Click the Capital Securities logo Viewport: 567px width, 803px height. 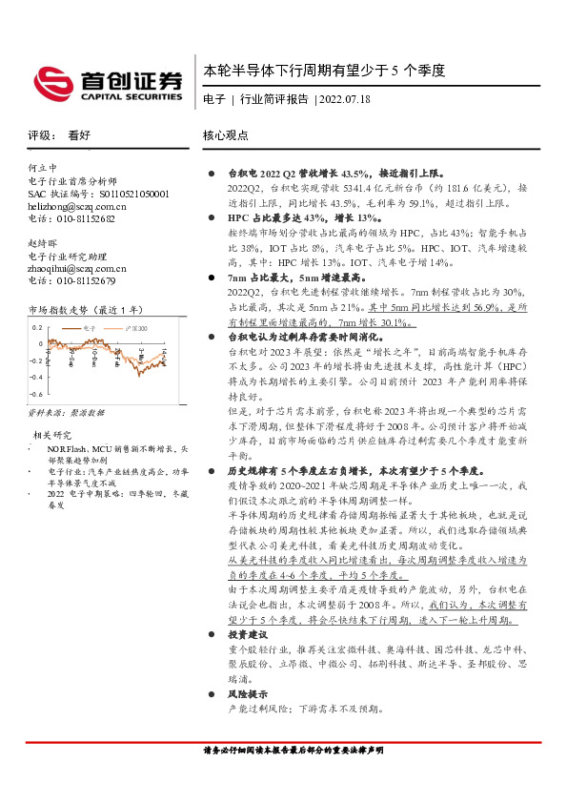107,81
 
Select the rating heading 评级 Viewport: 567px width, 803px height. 40,135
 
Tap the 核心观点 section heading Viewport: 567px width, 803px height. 226,135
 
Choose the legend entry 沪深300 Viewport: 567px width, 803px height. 136,327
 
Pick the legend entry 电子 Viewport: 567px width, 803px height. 90,327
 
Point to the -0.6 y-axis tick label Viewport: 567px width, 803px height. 37,393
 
